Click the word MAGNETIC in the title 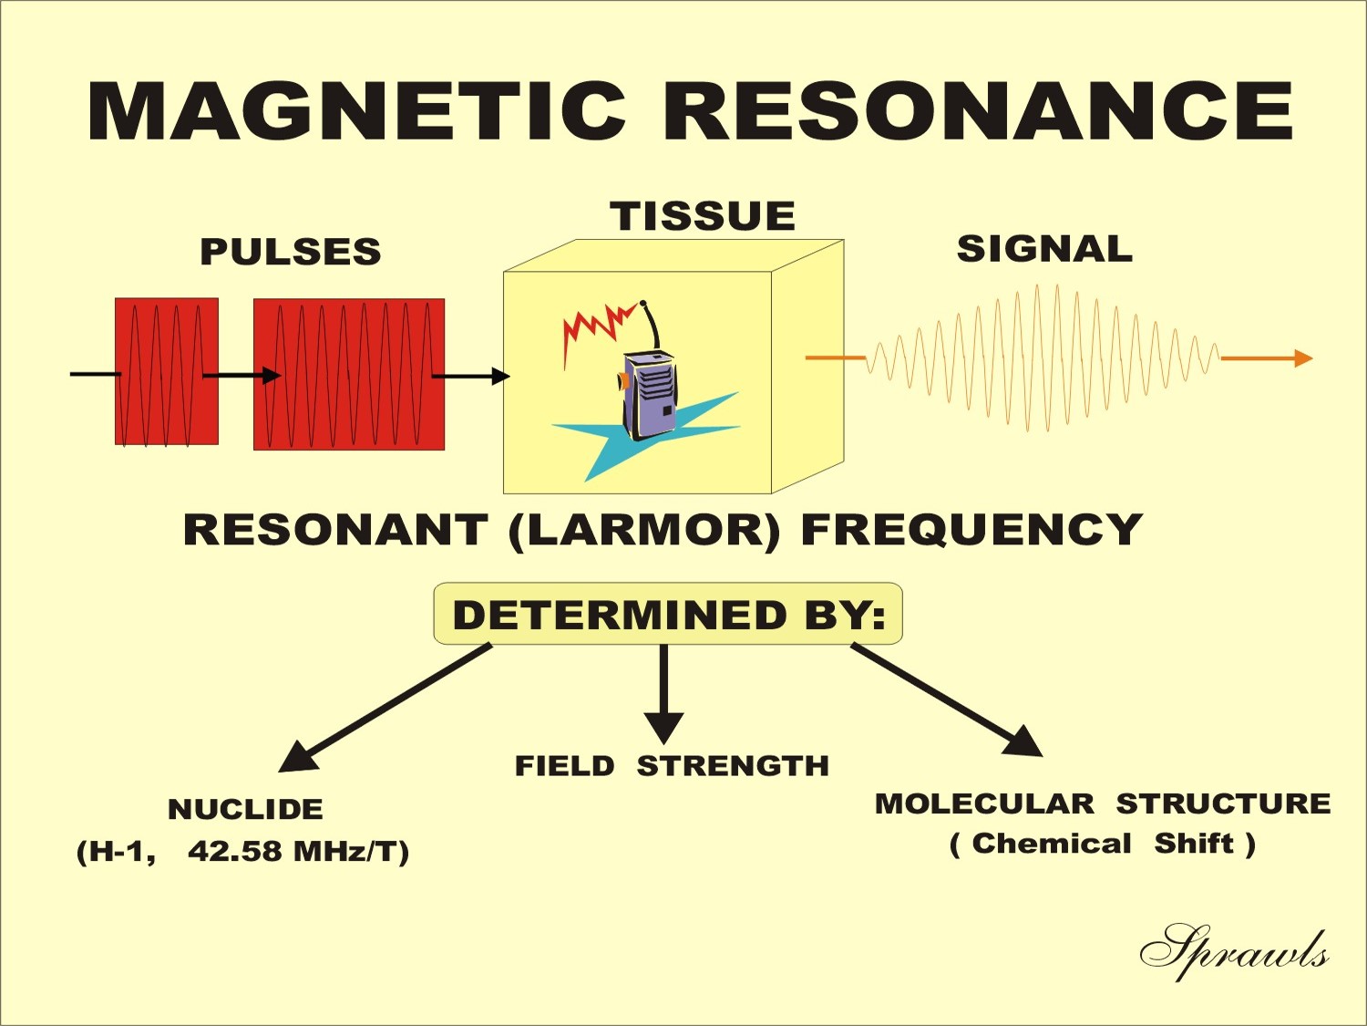(357, 111)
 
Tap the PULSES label (290, 252)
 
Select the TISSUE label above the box (703, 216)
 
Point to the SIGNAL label (1044, 249)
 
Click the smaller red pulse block (166, 371)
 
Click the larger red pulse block (349, 374)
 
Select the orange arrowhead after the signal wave (1303, 358)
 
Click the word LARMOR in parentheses (644, 531)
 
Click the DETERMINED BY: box (668, 614)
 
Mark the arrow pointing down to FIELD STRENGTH (663, 693)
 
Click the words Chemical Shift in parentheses (1103, 845)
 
